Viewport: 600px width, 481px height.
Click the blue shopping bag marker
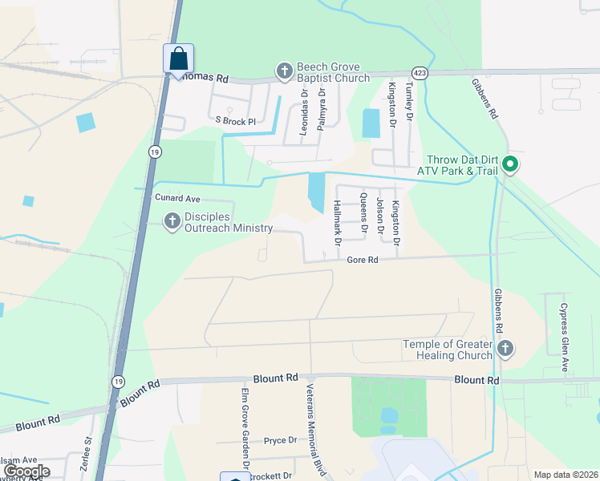[x=177, y=59]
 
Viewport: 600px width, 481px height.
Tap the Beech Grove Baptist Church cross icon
[x=284, y=72]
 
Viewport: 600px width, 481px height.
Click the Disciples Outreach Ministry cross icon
[x=172, y=221]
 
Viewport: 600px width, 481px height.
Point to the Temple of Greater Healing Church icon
[x=505, y=349]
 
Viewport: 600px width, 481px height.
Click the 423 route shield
[x=420, y=71]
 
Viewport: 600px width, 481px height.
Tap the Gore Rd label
[x=363, y=260]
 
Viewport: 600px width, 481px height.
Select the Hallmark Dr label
[x=337, y=223]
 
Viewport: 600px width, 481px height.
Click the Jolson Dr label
[x=379, y=216]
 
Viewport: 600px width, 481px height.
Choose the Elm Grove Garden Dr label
[x=245, y=430]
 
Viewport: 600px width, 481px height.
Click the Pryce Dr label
[x=281, y=440]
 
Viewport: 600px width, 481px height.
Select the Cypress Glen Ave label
[x=564, y=337]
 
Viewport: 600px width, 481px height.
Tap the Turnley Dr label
[x=408, y=101]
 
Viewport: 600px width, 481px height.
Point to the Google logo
[x=26, y=471]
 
